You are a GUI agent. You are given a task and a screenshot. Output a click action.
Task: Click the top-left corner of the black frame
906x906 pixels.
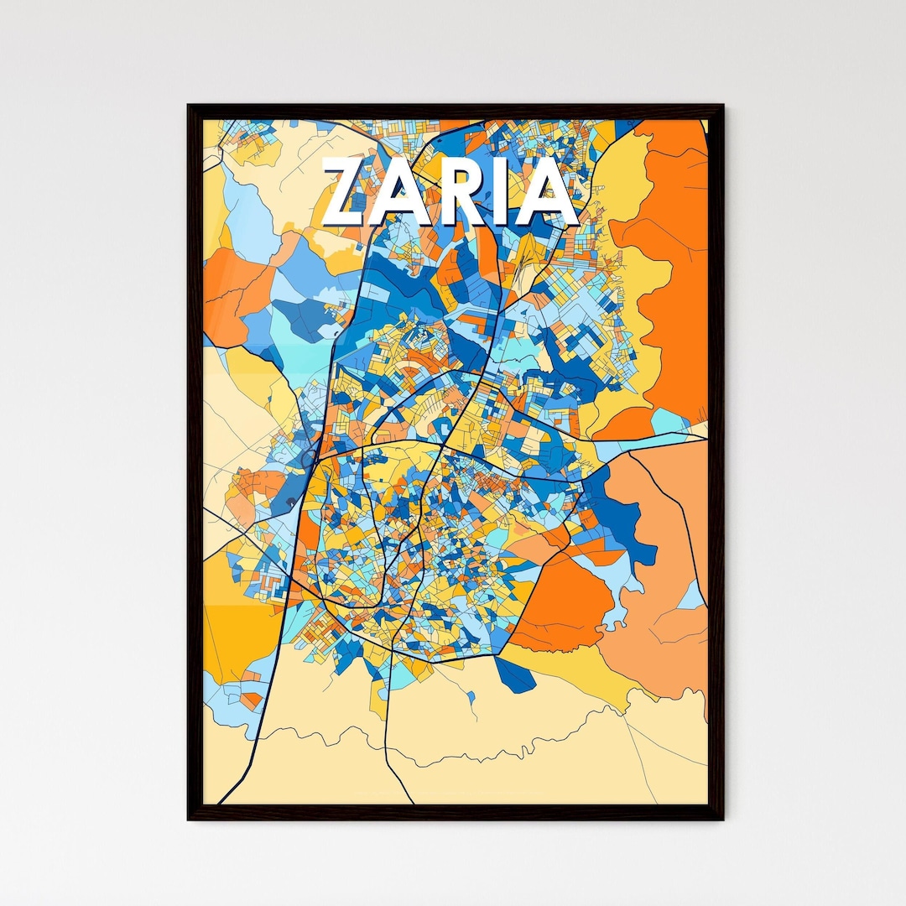tap(189, 106)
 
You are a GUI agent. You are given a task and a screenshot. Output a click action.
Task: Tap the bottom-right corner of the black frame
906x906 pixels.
tap(721, 818)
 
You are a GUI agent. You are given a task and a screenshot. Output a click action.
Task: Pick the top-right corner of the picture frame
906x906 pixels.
tap(721, 106)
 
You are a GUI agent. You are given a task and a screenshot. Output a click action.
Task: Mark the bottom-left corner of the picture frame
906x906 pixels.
tap(189, 818)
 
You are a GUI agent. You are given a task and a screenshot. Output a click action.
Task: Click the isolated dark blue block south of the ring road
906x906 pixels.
tap(514, 675)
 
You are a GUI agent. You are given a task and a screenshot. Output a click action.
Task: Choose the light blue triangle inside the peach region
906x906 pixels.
tap(692, 596)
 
